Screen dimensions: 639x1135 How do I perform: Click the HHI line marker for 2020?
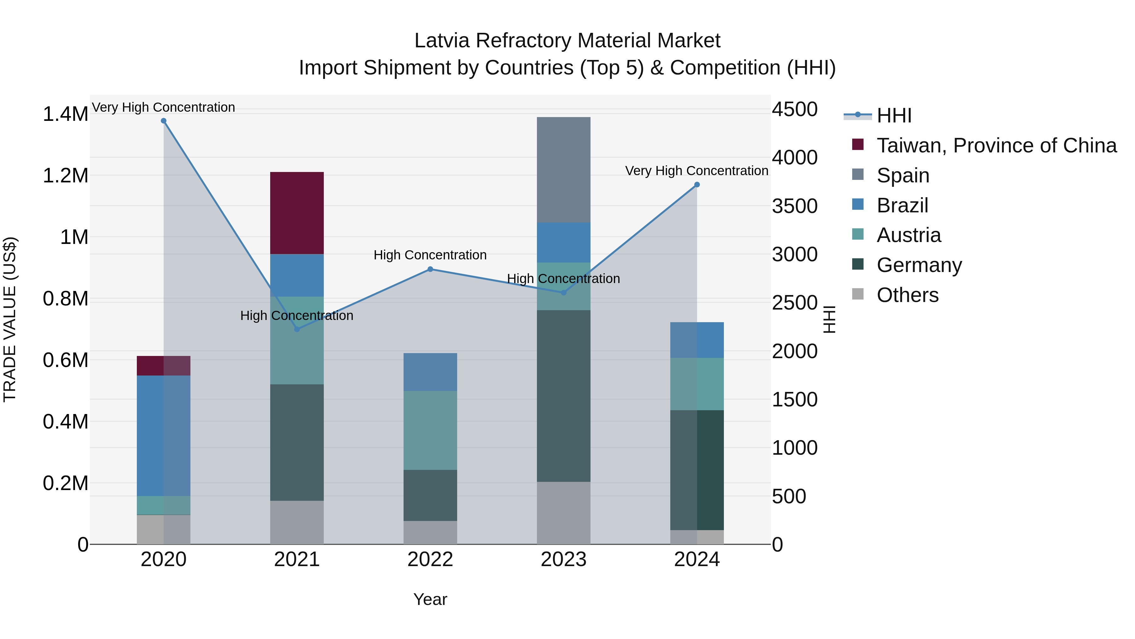point(163,121)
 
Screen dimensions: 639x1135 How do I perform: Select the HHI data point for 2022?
point(430,269)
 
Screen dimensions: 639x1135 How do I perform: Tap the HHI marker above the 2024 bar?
point(696,185)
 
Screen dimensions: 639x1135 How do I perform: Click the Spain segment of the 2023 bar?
point(563,170)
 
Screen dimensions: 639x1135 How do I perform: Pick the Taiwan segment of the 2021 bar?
point(297,213)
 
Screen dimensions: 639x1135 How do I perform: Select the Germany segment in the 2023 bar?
point(563,396)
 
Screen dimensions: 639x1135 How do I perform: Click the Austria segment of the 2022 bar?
point(430,430)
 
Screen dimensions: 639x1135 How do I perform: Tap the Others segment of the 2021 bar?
point(297,522)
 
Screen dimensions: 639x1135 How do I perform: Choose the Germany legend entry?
point(919,265)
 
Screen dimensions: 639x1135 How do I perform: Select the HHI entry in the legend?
point(893,115)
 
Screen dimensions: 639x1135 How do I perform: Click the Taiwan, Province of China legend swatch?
point(858,144)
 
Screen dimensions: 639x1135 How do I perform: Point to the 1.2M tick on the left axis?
point(65,175)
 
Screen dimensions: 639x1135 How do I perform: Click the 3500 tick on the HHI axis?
point(794,206)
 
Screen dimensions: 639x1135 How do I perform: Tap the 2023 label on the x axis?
point(563,559)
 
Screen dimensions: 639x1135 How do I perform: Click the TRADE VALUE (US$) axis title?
point(10,319)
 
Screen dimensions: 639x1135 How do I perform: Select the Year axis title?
point(430,599)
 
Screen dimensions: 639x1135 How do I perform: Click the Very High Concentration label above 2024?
point(696,171)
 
